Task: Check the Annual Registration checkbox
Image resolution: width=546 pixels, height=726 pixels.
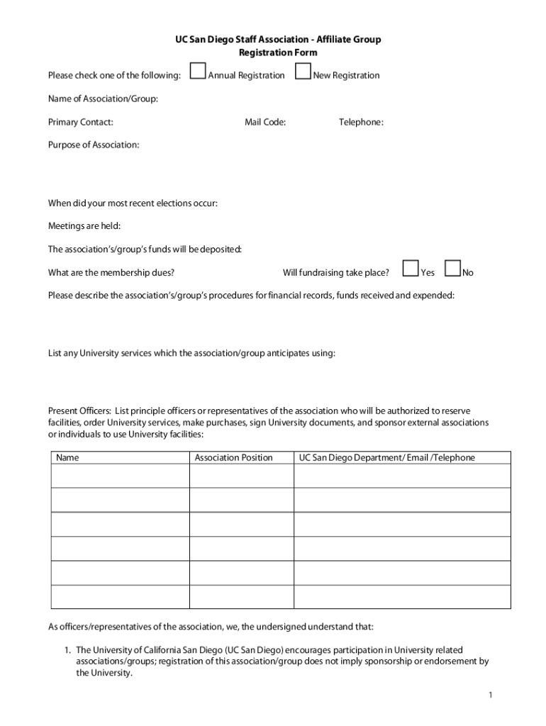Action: tap(199, 72)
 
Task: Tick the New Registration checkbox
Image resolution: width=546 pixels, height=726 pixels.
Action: tap(303, 72)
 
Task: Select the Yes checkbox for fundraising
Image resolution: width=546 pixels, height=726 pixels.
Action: tap(411, 268)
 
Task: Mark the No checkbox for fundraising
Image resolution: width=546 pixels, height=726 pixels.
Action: tap(452, 268)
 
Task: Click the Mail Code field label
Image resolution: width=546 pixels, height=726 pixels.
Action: tap(265, 122)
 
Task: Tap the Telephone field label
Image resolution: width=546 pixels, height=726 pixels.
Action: tap(361, 122)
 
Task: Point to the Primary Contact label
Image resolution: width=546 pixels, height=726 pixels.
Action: tap(80, 122)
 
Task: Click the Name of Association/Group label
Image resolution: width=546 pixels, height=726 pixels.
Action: tap(103, 99)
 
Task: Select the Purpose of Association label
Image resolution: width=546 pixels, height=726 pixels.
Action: tap(94, 145)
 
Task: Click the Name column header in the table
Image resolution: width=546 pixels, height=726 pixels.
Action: tap(68, 458)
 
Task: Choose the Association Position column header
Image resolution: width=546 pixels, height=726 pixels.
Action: tap(233, 458)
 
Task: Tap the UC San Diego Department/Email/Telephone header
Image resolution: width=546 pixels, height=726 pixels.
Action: tap(386, 458)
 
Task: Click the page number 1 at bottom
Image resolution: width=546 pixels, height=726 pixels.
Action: tap(490, 695)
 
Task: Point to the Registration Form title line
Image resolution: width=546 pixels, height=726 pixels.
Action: tap(278, 52)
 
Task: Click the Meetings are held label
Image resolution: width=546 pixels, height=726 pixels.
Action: tap(84, 226)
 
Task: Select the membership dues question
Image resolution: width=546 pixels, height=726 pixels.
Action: tap(111, 272)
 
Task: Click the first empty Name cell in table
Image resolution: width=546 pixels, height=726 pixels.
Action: tap(120, 476)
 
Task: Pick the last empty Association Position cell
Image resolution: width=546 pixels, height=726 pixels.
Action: tap(241, 597)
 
